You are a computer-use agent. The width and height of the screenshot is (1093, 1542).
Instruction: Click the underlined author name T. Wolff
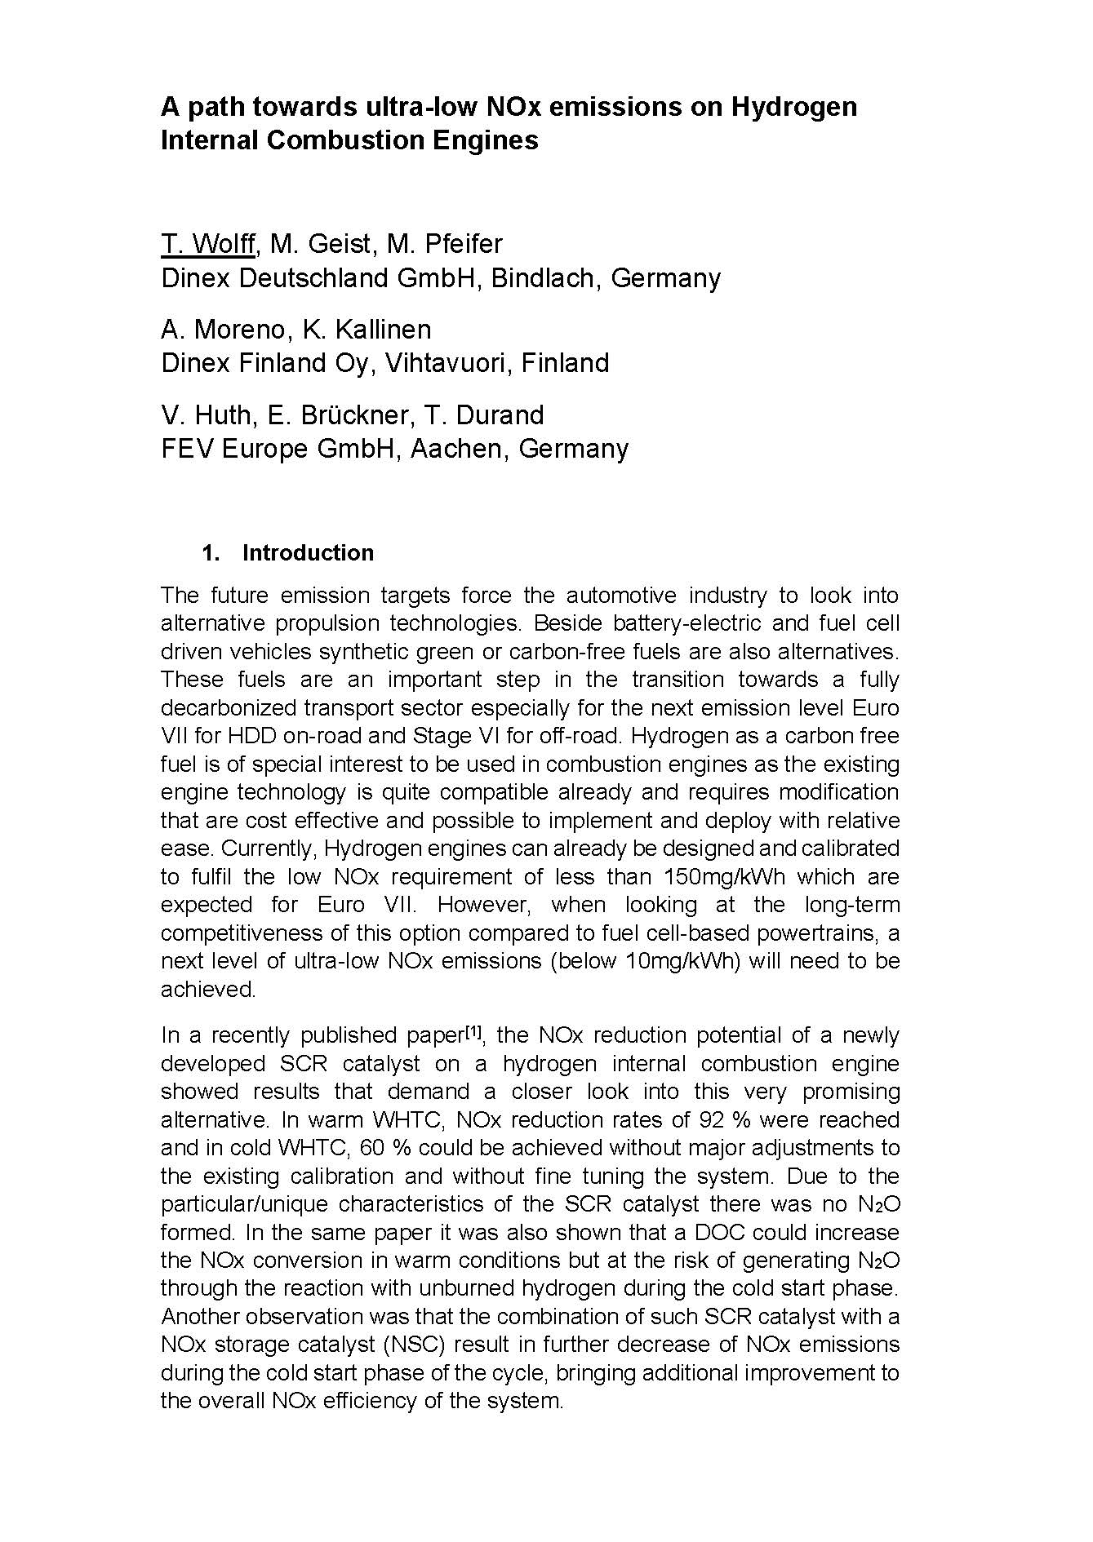208,244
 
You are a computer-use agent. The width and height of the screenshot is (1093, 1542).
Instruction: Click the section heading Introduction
308,552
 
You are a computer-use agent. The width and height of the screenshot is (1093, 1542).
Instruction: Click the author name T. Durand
484,415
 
